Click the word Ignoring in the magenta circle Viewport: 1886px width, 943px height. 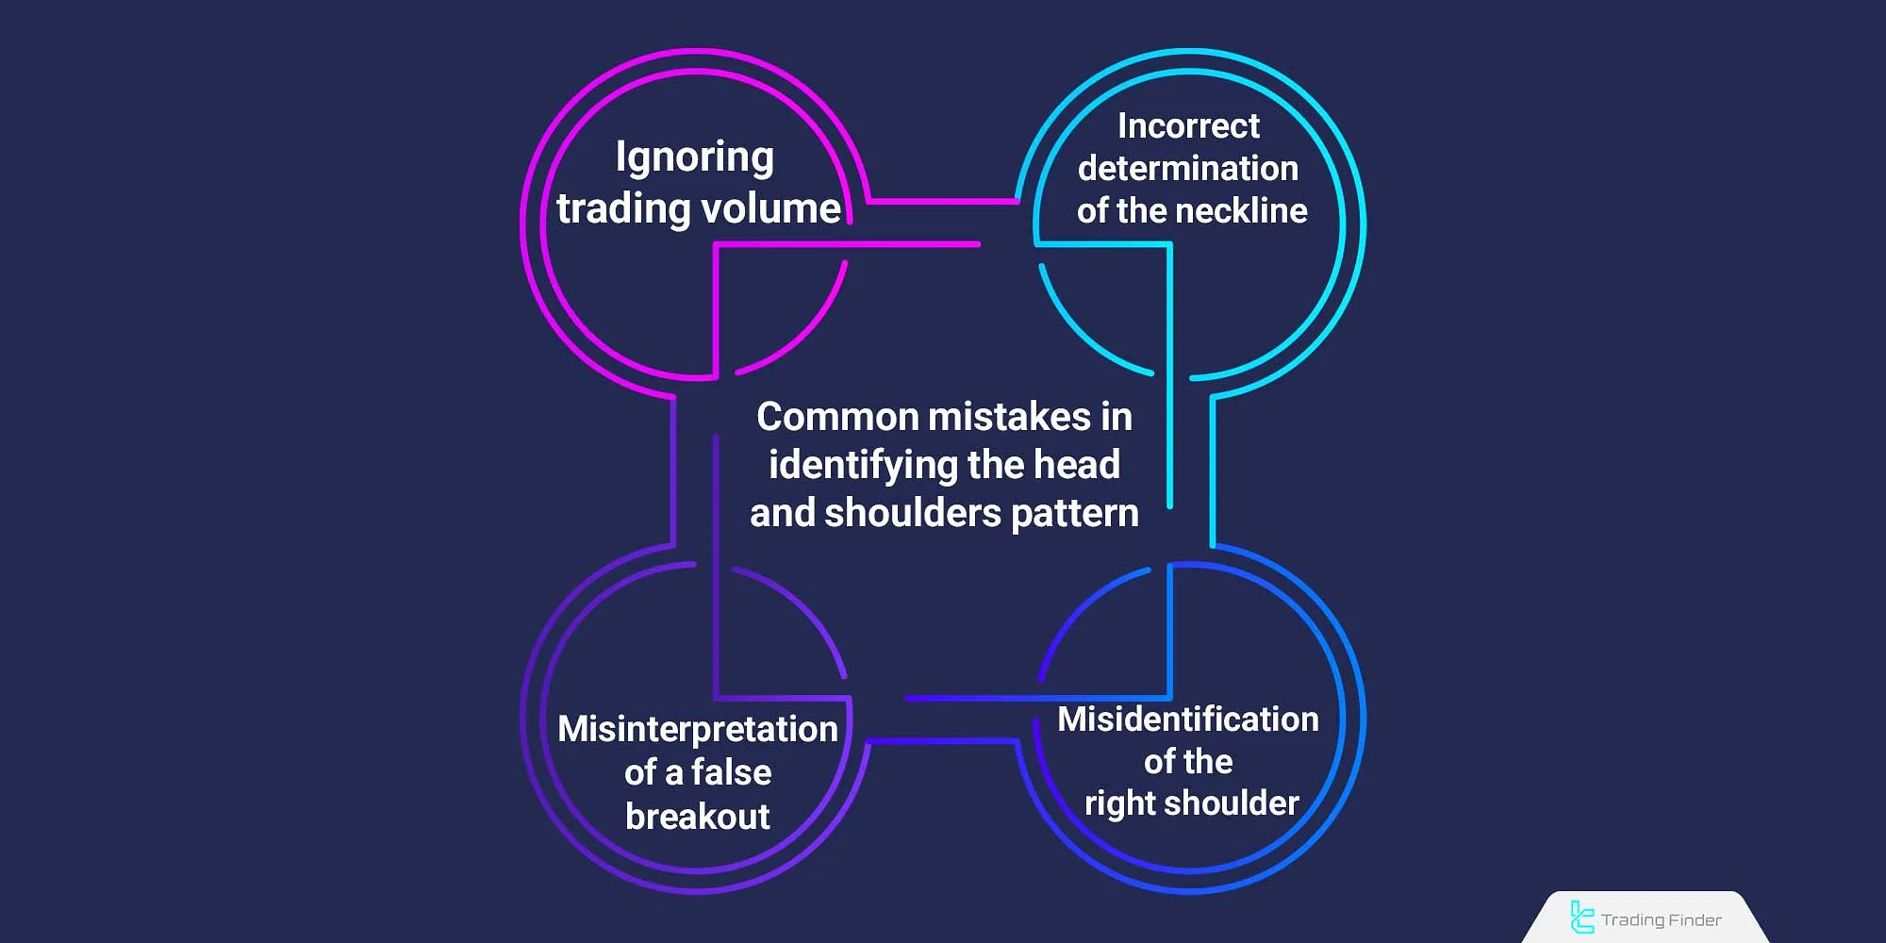coord(695,157)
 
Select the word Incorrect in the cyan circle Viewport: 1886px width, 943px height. coord(1188,125)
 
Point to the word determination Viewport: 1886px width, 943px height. coord(1188,168)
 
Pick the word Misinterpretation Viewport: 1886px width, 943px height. coord(698,729)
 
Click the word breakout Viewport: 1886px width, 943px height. coord(698,817)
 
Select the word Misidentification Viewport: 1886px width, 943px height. coord(1188,720)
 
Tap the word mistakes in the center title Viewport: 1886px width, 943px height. coord(1009,417)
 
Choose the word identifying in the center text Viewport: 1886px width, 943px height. coord(862,465)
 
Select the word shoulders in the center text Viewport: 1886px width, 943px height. coord(912,513)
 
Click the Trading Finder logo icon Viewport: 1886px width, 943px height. coord(1581,918)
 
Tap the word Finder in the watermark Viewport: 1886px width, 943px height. coord(1693,919)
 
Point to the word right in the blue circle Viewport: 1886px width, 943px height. coord(1120,803)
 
